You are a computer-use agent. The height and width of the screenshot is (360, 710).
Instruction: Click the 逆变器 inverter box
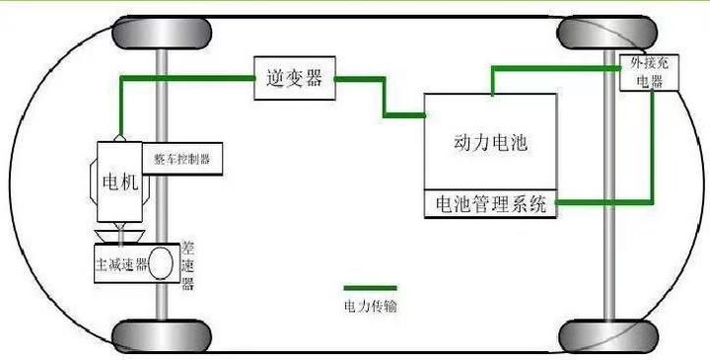294,78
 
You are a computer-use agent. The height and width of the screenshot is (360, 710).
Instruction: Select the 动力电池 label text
489,144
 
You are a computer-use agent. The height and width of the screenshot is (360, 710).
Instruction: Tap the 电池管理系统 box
489,204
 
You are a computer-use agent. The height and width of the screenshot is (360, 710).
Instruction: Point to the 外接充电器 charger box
649,74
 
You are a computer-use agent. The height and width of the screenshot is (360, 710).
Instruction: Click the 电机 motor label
121,183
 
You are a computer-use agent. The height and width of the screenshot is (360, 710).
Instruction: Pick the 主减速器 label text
120,264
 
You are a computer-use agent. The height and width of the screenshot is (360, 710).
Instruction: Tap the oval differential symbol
162,263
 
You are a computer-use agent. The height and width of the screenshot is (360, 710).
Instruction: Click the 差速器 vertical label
188,265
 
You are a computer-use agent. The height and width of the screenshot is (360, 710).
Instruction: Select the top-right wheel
595,33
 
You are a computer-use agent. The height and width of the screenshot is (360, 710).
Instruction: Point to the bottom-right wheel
595,336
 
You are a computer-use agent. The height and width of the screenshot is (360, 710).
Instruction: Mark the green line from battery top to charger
552,67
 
